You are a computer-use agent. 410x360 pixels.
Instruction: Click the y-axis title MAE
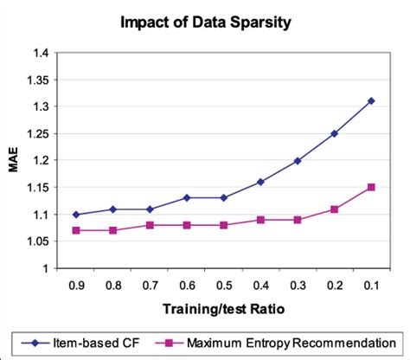(x=14, y=161)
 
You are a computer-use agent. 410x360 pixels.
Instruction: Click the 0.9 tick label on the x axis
(x=75, y=284)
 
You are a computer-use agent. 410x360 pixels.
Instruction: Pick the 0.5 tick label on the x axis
(x=223, y=284)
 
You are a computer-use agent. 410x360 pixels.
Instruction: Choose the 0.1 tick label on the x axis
(x=371, y=284)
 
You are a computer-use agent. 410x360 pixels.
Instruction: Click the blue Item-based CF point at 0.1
(x=371, y=100)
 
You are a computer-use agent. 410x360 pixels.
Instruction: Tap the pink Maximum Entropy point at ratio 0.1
(x=371, y=187)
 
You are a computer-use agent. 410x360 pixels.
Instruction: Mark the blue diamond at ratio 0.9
(x=75, y=215)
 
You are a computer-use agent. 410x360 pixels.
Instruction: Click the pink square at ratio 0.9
(x=75, y=230)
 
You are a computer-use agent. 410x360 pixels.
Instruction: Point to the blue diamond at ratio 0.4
(x=260, y=182)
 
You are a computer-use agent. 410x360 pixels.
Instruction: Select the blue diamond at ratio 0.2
(x=334, y=133)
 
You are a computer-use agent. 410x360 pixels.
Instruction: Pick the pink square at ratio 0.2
(x=334, y=209)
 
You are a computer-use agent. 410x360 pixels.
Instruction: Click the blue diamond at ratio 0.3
(x=298, y=161)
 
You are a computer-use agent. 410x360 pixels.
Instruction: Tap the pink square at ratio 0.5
(x=223, y=225)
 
